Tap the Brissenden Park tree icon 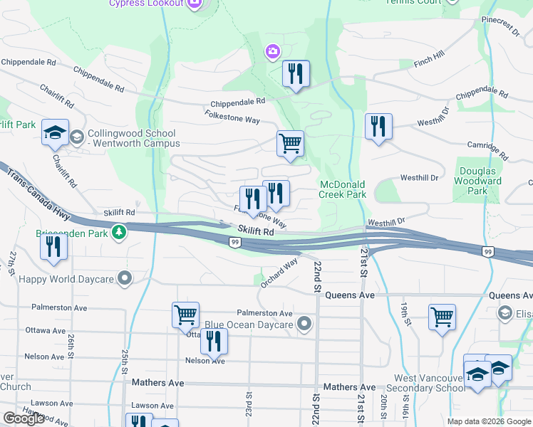point(121,233)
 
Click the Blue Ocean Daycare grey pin point(305,325)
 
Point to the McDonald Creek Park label point(342,189)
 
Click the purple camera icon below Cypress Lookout point(272,51)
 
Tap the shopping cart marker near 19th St point(442,317)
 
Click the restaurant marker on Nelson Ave point(213,342)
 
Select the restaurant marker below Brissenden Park point(53,248)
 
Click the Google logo point(24,418)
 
